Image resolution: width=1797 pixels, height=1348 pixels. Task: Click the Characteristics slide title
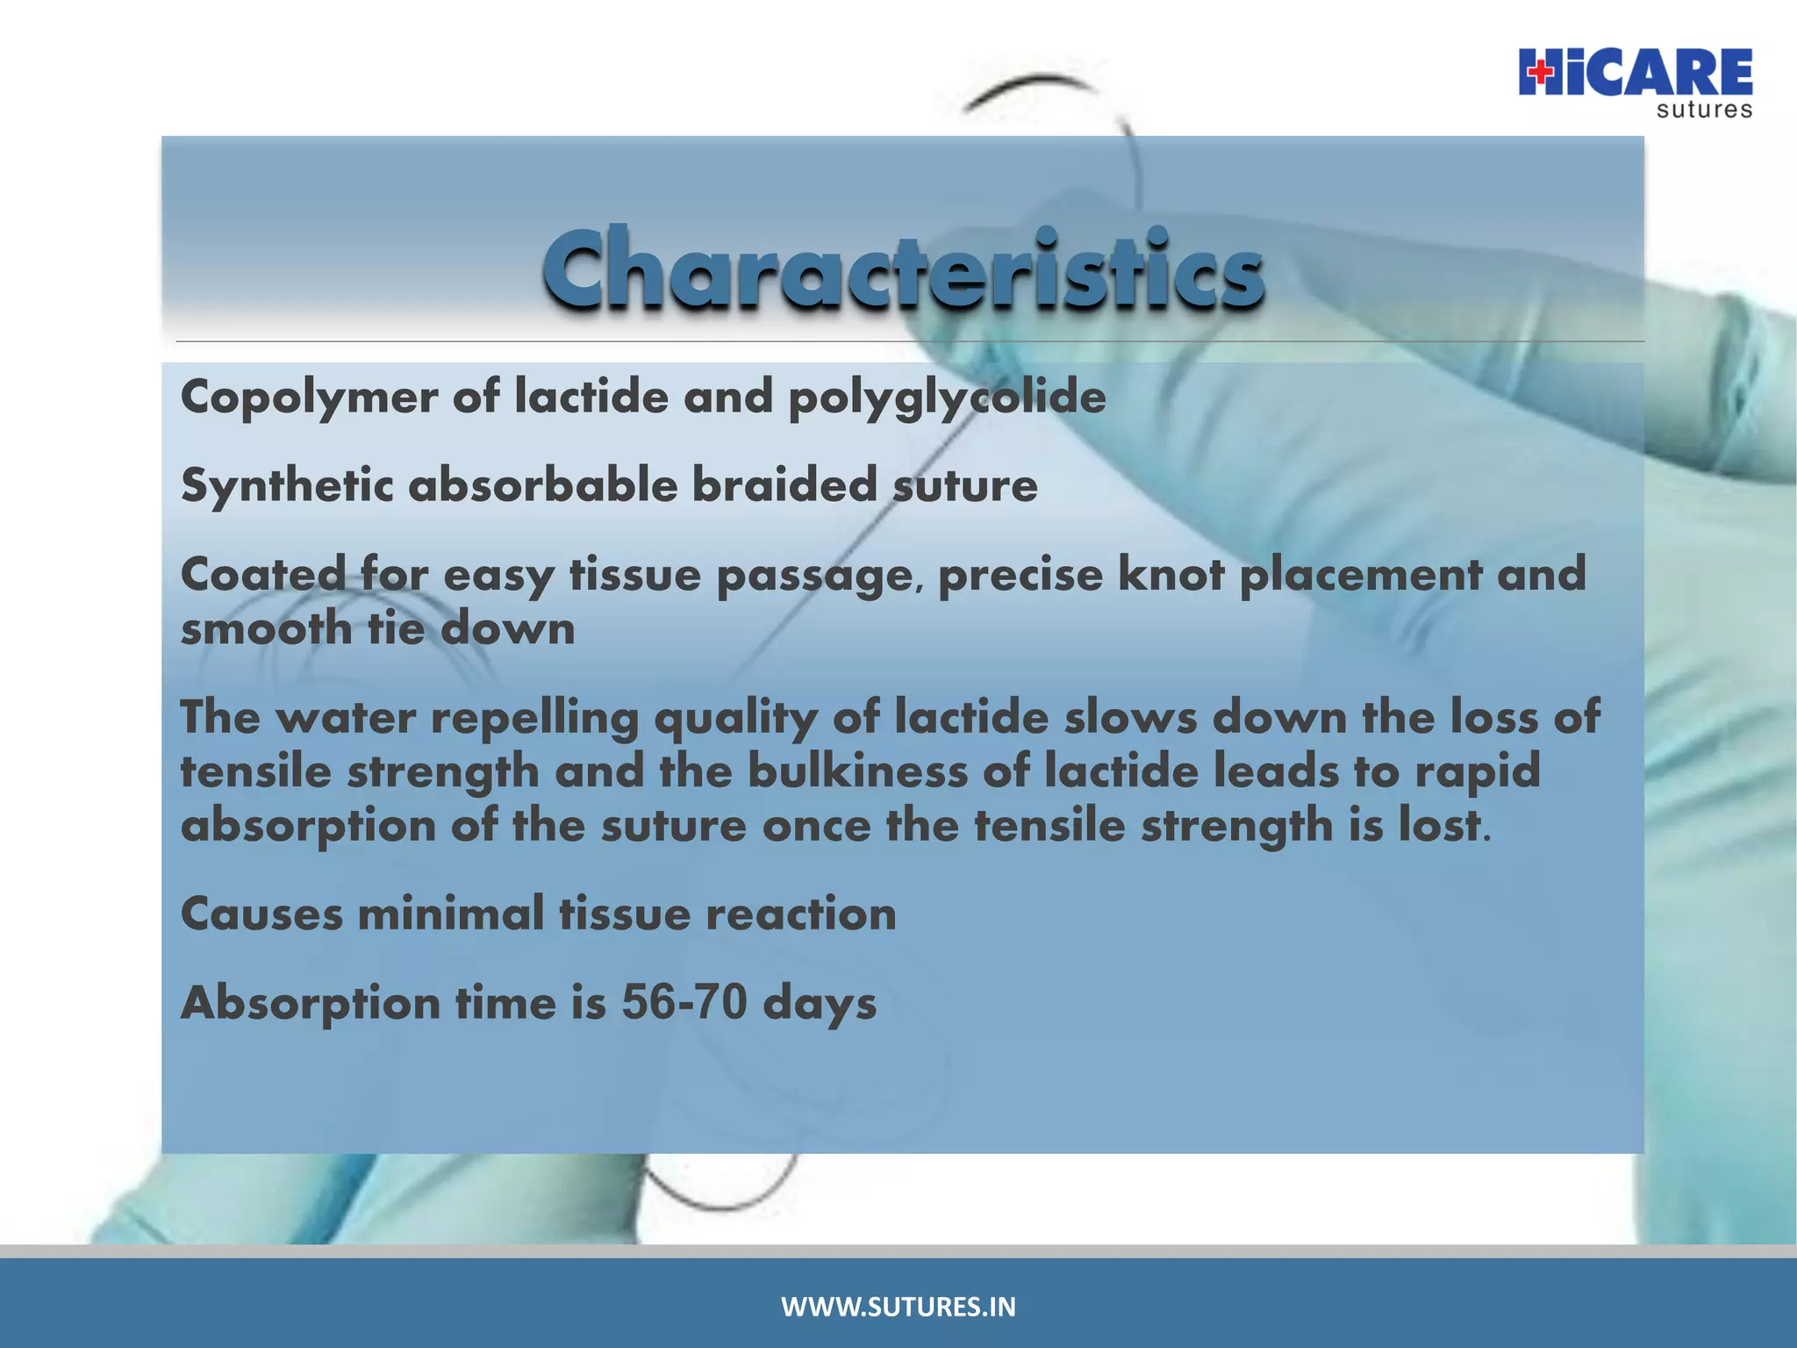904,269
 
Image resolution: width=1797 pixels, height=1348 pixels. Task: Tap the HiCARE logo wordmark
1636,73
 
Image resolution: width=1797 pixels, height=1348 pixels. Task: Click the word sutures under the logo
1704,111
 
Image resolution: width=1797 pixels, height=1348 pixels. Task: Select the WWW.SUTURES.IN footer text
898,1307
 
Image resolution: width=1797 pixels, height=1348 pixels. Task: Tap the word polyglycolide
947,398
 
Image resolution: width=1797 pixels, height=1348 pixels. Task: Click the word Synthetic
287,486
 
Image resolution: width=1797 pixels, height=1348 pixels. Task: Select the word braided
784,485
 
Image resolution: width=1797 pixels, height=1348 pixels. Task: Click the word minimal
451,914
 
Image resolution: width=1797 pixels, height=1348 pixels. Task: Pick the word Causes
261,914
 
